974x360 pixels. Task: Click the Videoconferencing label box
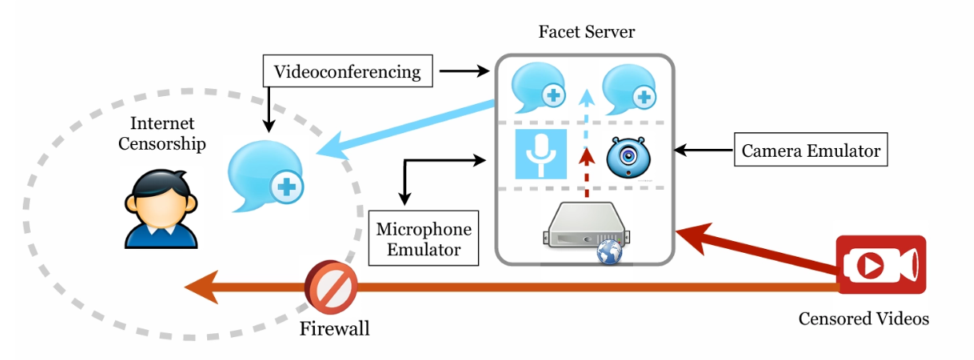tap(347, 72)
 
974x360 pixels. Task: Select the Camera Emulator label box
tap(810, 150)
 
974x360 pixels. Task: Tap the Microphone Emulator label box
tap(424, 239)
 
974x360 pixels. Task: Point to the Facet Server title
tap(587, 32)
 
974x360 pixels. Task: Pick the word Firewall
tap(334, 328)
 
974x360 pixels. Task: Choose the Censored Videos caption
tap(863, 319)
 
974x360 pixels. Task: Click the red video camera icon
tap(880, 265)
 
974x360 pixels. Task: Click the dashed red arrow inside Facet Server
tap(584, 177)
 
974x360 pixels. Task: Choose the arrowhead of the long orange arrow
tap(197, 288)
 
